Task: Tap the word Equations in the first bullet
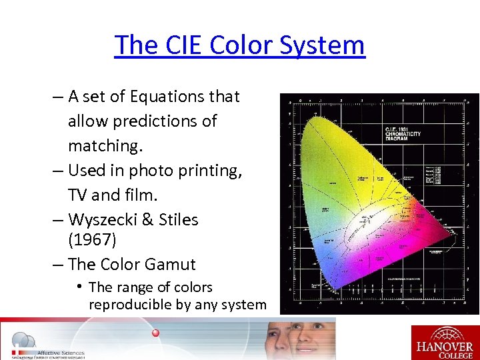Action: [167, 97]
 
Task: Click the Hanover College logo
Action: [444, 341]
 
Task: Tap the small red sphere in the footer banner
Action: [155, 332]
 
